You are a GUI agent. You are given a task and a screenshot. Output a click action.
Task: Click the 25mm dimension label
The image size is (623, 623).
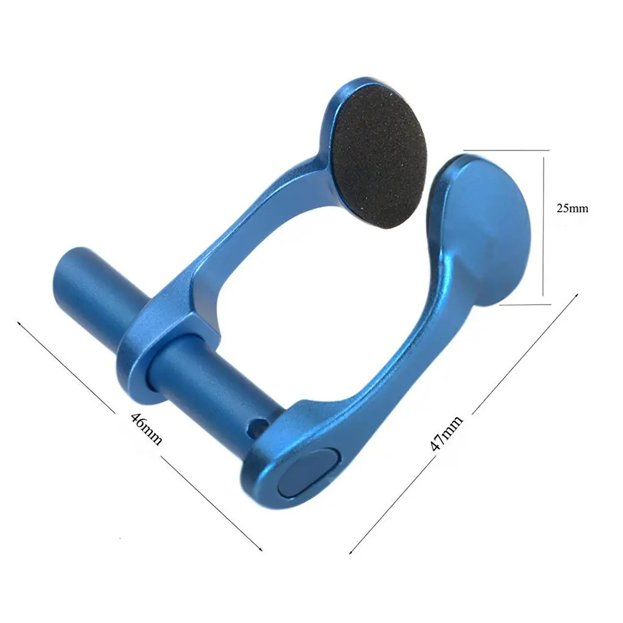(572, 208)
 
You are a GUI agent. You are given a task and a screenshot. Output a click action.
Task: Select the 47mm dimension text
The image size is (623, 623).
(446, 432)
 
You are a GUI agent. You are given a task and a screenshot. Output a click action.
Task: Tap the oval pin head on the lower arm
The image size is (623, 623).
(308, 472)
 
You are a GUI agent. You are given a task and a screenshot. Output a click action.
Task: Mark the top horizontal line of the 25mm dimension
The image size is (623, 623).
(506, 150)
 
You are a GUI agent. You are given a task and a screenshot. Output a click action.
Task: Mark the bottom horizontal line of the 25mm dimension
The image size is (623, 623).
(525, 304)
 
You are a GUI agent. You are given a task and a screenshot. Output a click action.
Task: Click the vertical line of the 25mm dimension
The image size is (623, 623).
(543, 226)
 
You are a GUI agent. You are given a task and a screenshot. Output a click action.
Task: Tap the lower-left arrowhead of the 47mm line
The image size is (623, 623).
(351, 552)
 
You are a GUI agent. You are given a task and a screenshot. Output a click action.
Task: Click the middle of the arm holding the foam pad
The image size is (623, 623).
(244, 232)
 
